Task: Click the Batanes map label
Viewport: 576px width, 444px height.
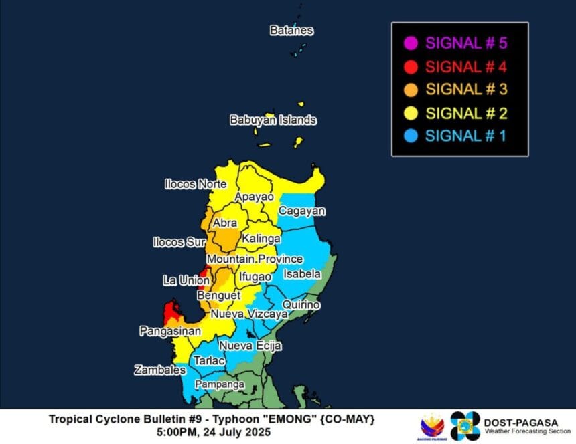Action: [291, 31]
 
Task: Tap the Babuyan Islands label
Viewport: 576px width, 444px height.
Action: [273, 120]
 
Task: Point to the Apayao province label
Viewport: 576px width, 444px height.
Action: [254, 197]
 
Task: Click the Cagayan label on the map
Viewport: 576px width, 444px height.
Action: [302, 211]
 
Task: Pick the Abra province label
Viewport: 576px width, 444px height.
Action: [225, 223]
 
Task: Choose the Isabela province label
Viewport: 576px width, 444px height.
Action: [302, 274]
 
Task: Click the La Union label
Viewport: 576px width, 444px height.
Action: [186, 280]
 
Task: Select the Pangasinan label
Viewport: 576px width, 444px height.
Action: [170, 331]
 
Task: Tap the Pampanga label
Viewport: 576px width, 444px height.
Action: [219, 385]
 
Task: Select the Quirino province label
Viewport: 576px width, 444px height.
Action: [301, 305]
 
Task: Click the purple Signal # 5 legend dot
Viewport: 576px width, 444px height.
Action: [411, 44]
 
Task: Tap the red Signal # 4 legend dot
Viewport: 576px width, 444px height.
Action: [411, 67]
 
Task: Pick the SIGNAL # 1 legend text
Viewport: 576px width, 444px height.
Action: [466, 136]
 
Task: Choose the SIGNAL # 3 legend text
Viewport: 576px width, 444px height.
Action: [466, 90]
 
